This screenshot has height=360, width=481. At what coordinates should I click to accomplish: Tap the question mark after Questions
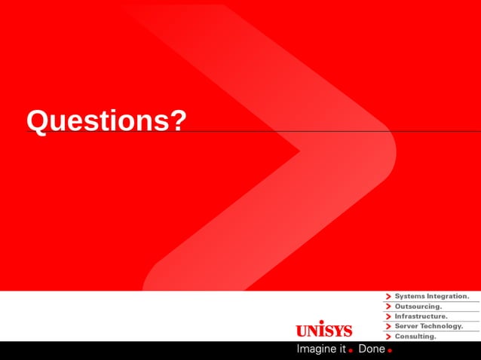[x=177, y=121]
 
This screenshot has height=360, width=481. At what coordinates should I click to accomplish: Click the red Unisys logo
[x=323, y=330]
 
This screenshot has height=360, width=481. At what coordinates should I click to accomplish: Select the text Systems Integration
[x=431, y=297]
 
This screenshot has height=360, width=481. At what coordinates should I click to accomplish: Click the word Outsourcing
[x=418, y=307]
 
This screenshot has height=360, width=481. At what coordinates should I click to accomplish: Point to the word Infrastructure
[x=421, y=316]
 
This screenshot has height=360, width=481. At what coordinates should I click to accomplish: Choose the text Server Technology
[x=428, y=326]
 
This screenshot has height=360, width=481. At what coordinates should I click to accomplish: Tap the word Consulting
[x=415, y=336]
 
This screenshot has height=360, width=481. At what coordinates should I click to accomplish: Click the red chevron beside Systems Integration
[x=388, y=297]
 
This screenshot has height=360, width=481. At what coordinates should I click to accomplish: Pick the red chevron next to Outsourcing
[x=388, y=307]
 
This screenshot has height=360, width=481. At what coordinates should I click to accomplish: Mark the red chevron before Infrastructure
[x=388, y=316]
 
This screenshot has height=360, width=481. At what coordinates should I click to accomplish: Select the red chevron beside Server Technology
[x=388, y=326]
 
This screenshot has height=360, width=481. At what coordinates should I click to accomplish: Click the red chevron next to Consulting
[x=388, y=336]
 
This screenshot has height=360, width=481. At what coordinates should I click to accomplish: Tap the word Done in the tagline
[x=372, y=349]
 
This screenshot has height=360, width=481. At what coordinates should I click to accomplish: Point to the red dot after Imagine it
[x=351, y=351]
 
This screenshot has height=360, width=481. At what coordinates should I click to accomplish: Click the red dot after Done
[x=390, y=351]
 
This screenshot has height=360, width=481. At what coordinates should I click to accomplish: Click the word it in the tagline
[x=342, y=349]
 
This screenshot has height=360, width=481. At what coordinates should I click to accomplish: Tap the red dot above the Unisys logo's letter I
[x=321, y=322]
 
